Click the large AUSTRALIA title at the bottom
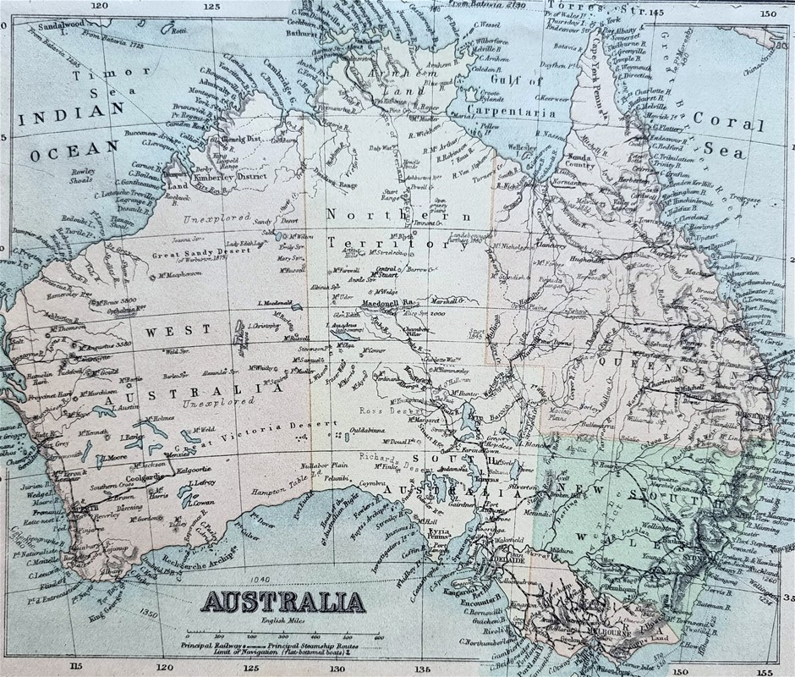[x=282, y=603]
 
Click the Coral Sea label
[x=728, y=135]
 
